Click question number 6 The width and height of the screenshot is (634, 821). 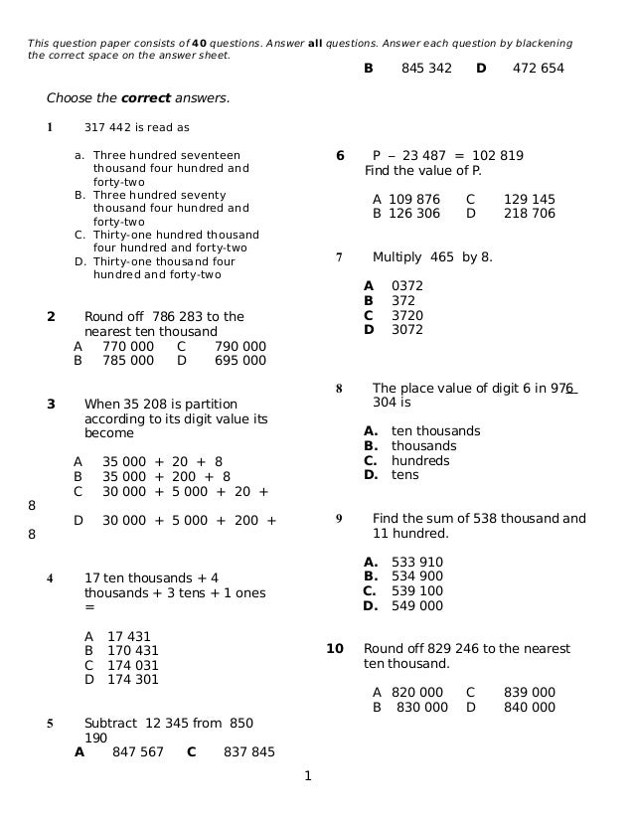[x=340, y=156]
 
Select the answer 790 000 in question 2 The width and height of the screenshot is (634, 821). [x=240, y=347]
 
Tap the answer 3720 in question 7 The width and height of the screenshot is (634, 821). [x=407, y=315]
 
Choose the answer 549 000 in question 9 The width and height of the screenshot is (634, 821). [x=417, y=605]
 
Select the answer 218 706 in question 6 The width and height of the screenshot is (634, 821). [x=530, y=214]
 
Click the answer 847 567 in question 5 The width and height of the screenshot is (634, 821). [x=138, y=752]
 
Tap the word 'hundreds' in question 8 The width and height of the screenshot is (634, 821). [x=420, y=460]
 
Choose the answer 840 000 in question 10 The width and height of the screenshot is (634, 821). [x=530, y=708]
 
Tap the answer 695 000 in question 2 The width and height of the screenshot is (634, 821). [x=240, y=361]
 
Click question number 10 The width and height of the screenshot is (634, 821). [x=335, y=649]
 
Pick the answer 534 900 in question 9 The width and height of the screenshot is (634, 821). [x=417, y=576]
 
